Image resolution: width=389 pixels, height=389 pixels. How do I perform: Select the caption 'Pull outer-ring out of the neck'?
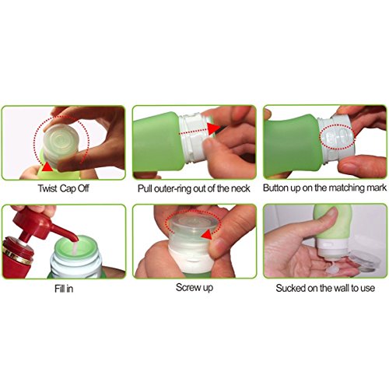click(x=194, y=187)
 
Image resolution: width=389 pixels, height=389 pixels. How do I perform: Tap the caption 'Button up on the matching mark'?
click(x=324, y=187)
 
